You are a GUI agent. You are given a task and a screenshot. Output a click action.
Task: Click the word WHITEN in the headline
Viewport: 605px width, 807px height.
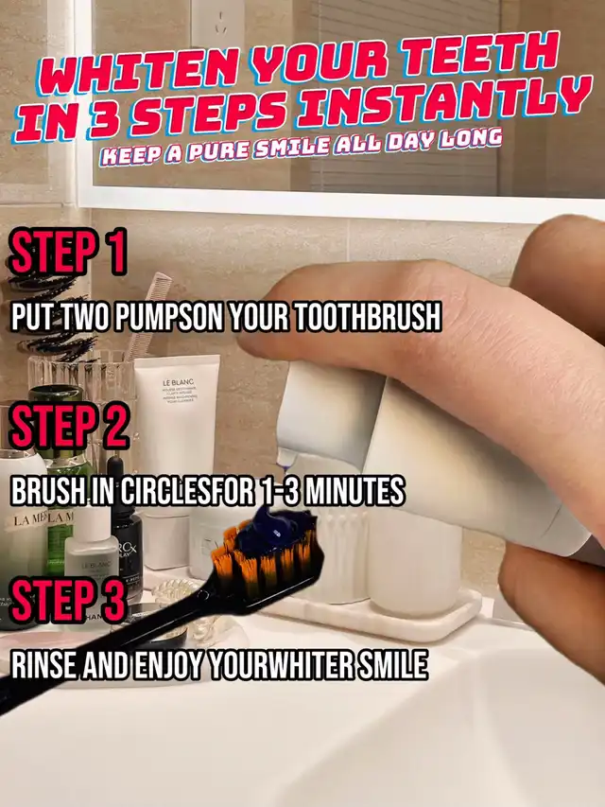point(136,73)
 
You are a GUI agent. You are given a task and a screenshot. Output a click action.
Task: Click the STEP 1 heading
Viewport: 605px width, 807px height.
point(67,253)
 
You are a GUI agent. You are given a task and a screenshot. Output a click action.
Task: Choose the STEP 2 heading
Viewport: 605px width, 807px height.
point(69,425)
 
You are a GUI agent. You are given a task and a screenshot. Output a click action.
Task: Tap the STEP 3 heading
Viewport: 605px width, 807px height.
point(67,599)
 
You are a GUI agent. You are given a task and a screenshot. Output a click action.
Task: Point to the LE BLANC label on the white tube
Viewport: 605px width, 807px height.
point(178,382)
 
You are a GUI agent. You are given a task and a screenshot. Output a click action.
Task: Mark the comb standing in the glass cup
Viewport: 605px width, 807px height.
point(148,315)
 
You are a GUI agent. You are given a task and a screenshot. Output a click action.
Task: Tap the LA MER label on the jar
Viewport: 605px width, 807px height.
point(29,518)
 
